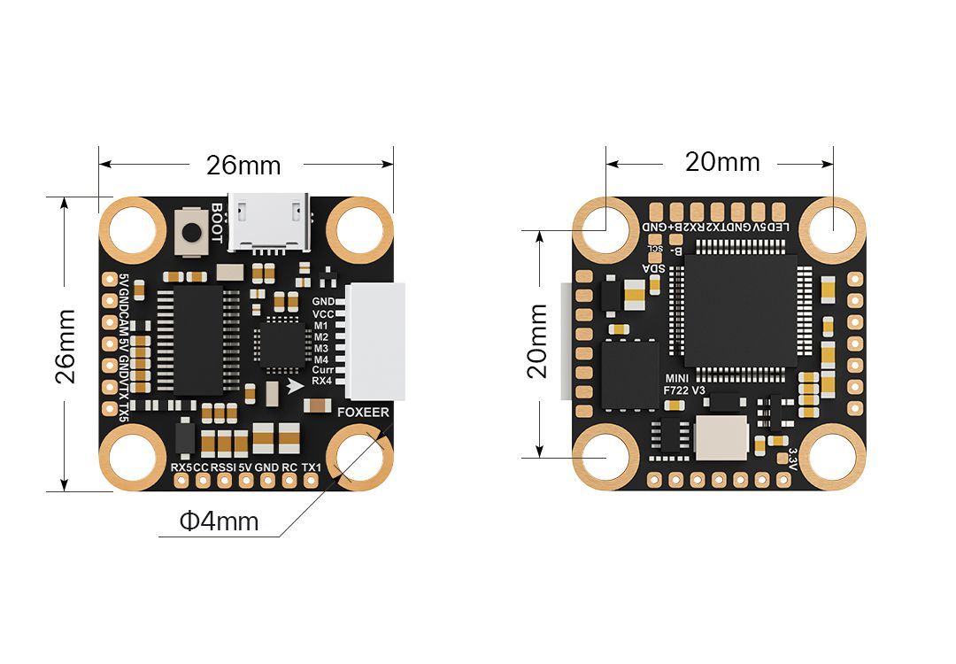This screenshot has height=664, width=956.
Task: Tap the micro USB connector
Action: pyautogui.click(x=269, y=221)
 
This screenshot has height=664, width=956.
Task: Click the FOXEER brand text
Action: pyautogui.click(x=363, y=412)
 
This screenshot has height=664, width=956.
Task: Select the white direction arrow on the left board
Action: pyautogui.click(x=295, y=386)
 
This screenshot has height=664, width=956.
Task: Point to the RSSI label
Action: pyautogui.click(x=223, y=467)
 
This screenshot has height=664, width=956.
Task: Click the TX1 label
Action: pyautogui.click(x=311, y=467)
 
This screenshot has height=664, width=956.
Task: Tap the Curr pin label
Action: pyautogui.click(x=323, y=370)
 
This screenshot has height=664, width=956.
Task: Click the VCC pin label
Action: pyautogui.click(x=323, y=314)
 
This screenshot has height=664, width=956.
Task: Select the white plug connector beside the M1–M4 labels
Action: pyautogui.click(x=375, y=341)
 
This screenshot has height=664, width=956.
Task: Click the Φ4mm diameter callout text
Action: pyautogui.click(x=220, y=521)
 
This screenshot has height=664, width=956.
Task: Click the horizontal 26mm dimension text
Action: pyautogui.click(x=243, y=166)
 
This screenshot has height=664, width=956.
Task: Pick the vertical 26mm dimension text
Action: pyautogui.click(x=65, y=345)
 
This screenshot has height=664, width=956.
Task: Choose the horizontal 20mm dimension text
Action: pyautogui.click(x=722, y=162)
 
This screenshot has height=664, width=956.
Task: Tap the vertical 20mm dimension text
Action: pyautogui.click(x=538, y=341)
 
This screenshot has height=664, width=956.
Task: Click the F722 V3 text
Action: pyautogui.click(x=684, y=390)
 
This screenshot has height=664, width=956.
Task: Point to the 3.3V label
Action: pyautogui.click(x=792, y=458)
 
